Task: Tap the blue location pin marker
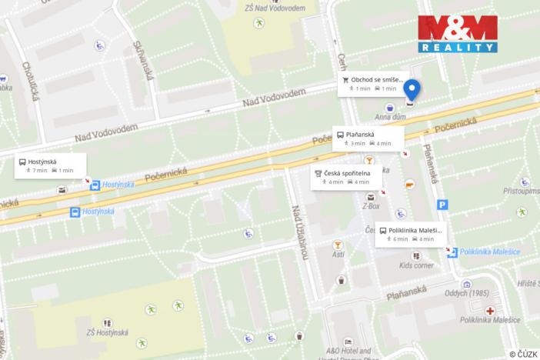click(412, 91)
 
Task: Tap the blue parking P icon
click(442, 205)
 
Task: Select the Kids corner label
click(415, 265)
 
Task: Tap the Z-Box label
click(371, 206)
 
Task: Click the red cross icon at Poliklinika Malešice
click(489, 311)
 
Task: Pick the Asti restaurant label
click(338, 255)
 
